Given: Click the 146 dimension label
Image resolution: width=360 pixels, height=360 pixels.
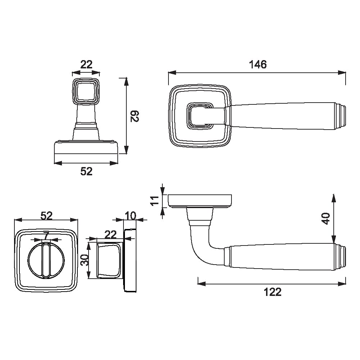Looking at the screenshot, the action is click(258, 64).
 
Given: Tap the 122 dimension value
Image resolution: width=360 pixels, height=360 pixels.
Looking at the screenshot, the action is click(273, 292).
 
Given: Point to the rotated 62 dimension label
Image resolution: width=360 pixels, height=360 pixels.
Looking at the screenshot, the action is click(135, 116).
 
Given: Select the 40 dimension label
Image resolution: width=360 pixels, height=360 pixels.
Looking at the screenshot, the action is click(326, 219).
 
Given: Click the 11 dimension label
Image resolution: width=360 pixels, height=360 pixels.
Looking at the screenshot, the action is click(155, 201).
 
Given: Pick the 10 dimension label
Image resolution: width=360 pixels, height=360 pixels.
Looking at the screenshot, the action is click(130, 216).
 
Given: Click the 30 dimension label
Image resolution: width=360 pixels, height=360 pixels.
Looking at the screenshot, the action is click(85, 260).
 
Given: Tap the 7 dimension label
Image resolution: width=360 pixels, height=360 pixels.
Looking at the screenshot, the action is click(46, 235).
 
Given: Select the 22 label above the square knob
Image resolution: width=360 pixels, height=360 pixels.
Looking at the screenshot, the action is click(86, 64).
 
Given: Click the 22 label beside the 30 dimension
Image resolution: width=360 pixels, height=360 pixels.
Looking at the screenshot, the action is click(111, 235).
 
